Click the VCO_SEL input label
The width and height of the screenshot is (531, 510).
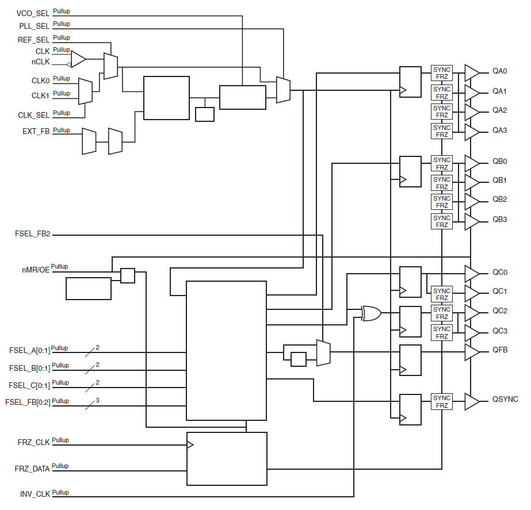[x=33, y=13]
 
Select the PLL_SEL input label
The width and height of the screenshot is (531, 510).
[x=34, y=26]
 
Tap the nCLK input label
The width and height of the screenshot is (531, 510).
[x=41, y=62]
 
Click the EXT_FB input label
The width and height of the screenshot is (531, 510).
[x=36, y=132]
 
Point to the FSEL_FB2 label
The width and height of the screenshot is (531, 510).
[x=32, y=235]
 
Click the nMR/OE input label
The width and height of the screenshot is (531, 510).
[x=35, y=269]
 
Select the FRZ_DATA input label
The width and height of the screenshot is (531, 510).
[x=32, y=469]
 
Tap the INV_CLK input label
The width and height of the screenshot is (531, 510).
[x=35, y=494]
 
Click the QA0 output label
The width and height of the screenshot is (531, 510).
[x=499, y=72]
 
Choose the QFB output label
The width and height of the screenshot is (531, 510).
[x=499, y=350]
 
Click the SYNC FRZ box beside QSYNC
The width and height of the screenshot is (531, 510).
[x=442, y=401]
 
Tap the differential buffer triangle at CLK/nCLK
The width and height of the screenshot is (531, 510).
[x=78, y=59]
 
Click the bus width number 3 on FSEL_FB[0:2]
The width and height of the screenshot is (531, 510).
[x=98, y=400]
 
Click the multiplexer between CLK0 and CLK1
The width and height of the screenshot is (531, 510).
[x=85, y=91]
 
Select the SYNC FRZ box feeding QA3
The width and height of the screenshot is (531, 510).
[x=442, y=131]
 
